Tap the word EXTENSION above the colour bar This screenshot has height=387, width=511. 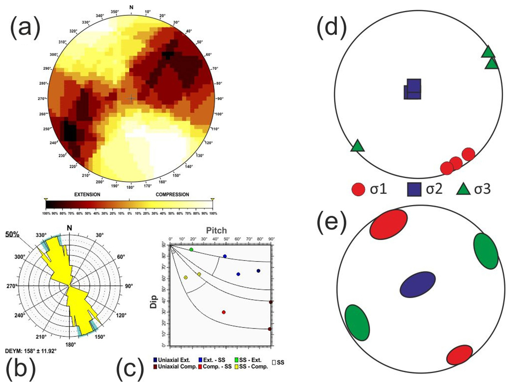87,194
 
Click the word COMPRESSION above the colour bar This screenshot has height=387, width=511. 172,194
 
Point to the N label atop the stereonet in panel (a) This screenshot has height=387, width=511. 131,7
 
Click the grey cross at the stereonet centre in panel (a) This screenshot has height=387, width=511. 131,98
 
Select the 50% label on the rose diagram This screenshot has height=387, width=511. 12,234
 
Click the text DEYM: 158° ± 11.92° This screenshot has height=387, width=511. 31,350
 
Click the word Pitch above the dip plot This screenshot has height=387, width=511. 216,231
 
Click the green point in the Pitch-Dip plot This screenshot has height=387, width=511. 191,249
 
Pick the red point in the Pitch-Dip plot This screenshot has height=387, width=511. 224,312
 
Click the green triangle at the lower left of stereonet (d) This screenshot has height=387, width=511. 357,146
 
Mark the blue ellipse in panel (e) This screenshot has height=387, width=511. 418,284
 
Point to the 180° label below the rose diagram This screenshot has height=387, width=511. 71,344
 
